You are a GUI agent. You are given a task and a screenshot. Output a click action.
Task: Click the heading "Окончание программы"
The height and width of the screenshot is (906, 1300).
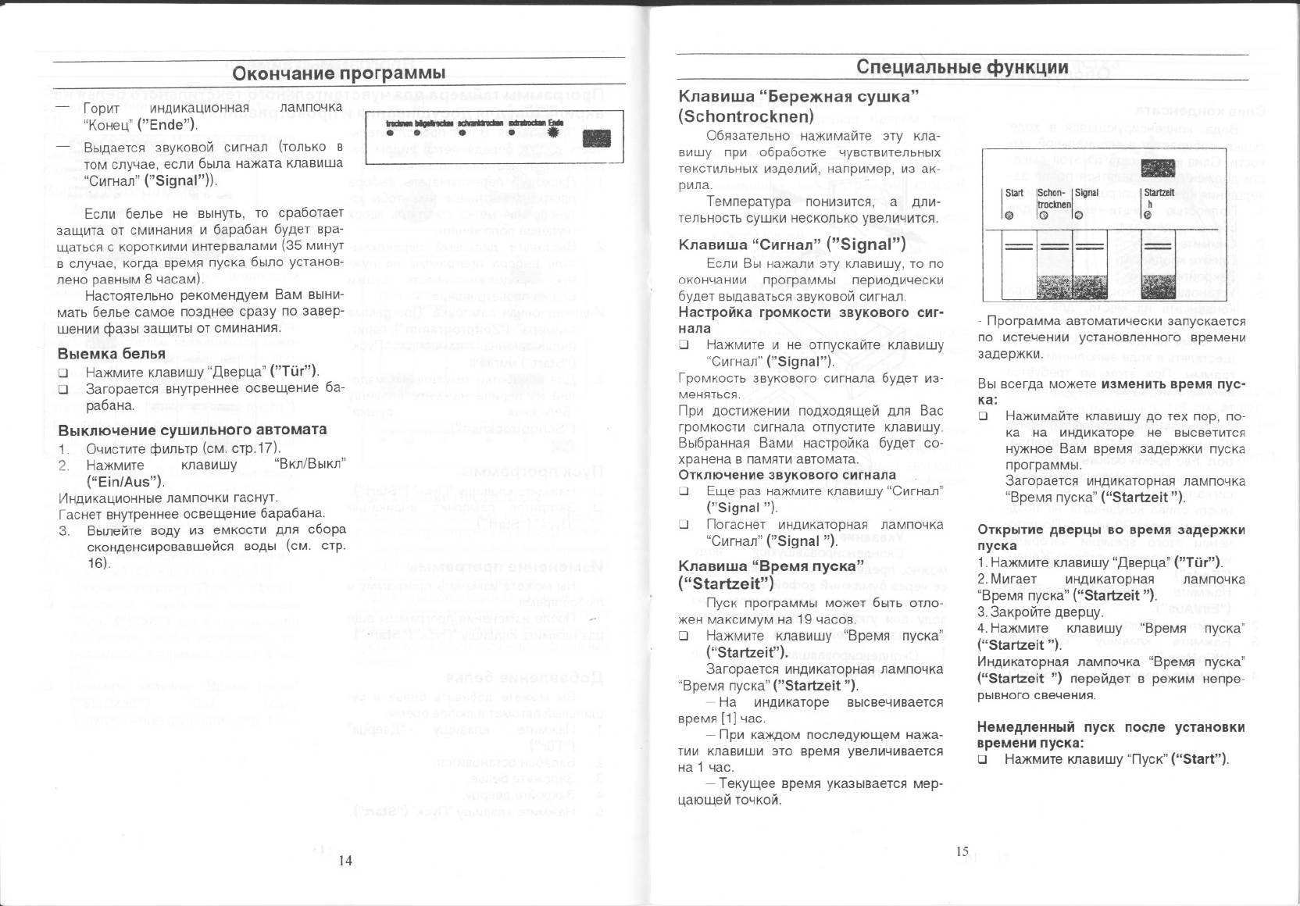[x=339, y=73]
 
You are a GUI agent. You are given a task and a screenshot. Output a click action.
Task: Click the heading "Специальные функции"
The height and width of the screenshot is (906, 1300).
[x=962, y=67]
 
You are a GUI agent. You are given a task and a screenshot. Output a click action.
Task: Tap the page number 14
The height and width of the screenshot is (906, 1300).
[x=345, y=860]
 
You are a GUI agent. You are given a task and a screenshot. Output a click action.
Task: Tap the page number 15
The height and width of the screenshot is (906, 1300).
[x=962, y=851]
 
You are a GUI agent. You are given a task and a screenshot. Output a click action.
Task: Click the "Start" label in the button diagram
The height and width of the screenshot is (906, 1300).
[x=1014, y=193]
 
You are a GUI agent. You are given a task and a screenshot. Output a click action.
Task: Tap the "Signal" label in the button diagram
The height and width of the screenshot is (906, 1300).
[x=1087, y=193]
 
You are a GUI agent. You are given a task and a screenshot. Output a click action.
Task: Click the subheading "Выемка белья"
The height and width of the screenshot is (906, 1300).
[x=112, y=354]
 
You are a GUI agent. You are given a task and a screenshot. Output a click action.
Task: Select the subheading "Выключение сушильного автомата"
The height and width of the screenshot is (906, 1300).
[x=192, y=430]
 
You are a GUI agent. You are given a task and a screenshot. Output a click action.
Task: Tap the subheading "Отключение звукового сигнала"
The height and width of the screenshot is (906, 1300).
[x=787, y=475]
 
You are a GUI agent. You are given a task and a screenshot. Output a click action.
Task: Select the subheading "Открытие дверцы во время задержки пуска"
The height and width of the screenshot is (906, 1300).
[x=1111, y=537]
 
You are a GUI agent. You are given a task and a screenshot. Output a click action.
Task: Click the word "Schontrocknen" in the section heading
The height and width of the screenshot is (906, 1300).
[x=745, y=116]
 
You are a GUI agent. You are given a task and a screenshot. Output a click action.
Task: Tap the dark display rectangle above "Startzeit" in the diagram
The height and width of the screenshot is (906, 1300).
[x=1158, y=169]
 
